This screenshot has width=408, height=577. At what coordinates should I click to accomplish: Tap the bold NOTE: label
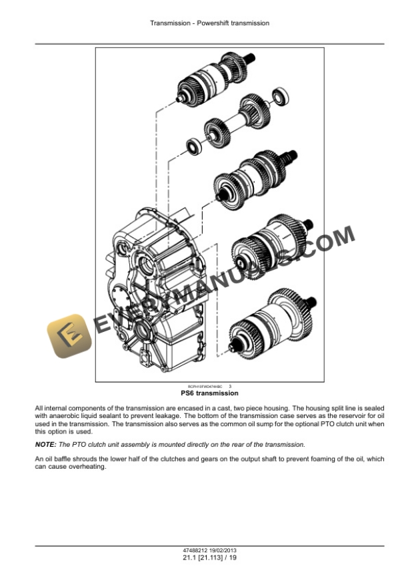(46, 444)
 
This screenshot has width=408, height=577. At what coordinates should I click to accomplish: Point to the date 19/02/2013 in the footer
(219, 550)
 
